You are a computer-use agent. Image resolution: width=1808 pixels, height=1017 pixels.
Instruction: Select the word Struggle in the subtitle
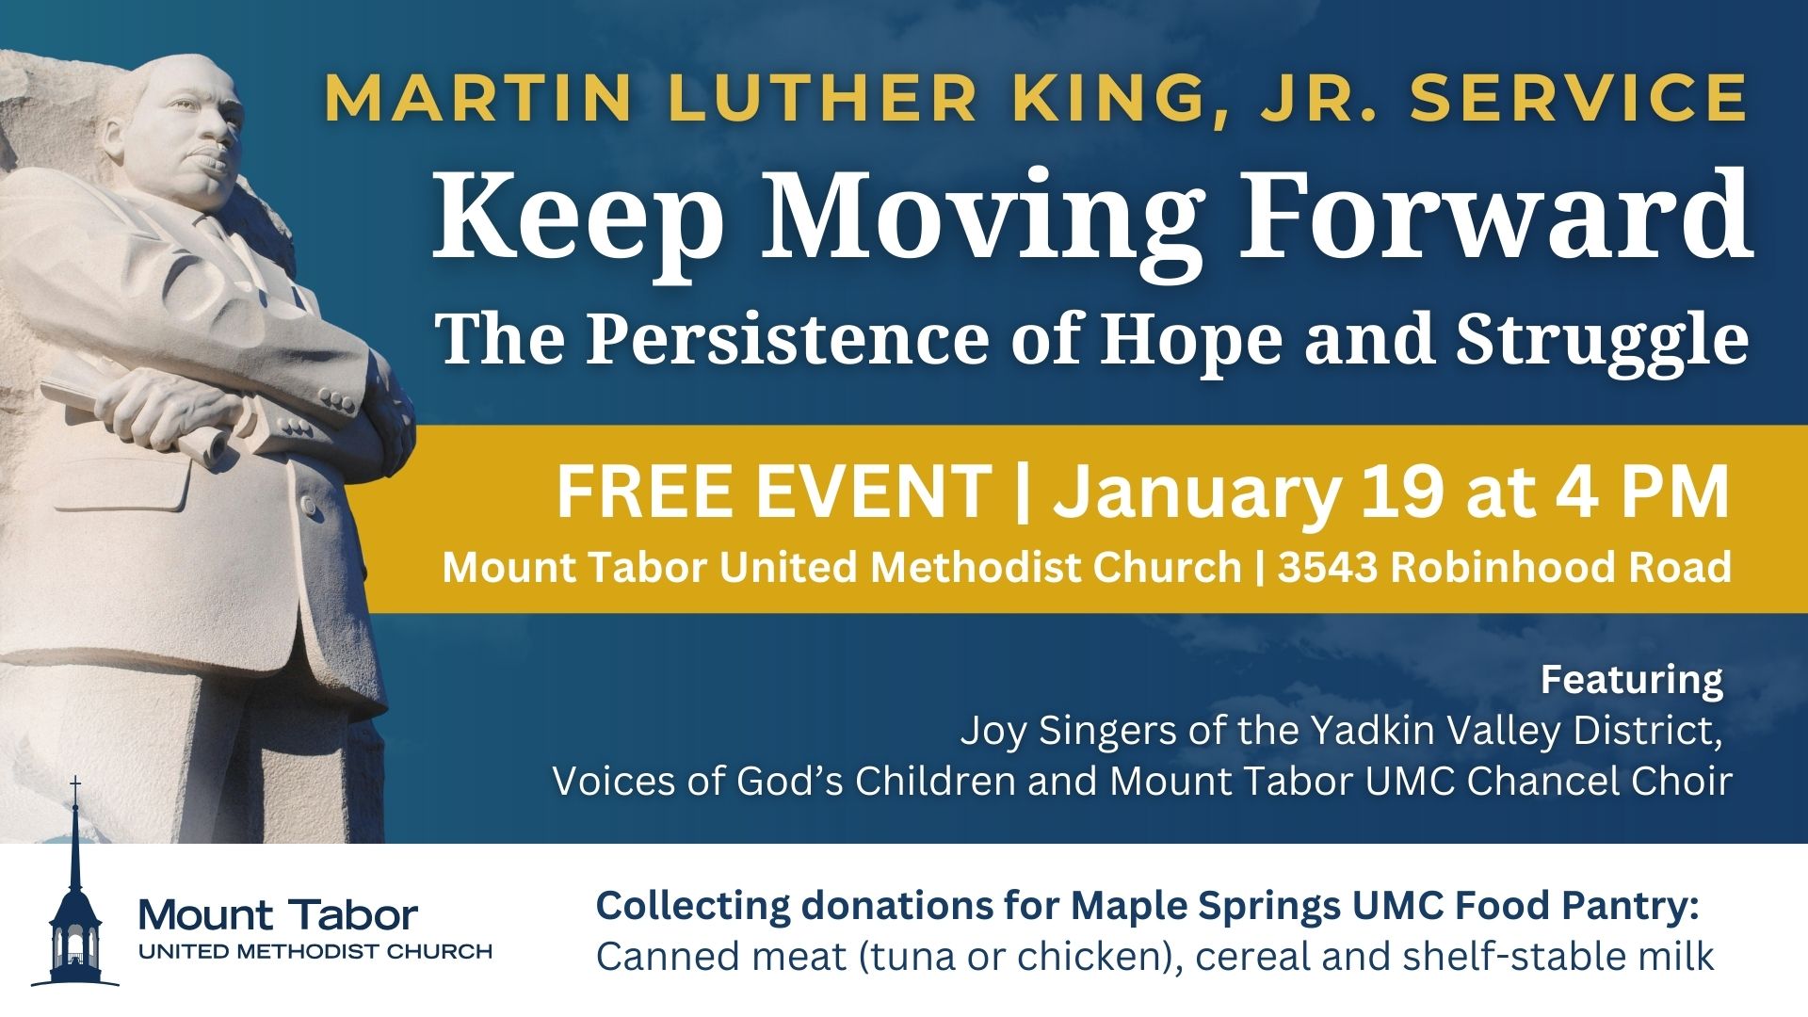click(1601, 341)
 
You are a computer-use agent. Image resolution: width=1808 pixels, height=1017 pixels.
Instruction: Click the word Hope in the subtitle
click(1191, 341)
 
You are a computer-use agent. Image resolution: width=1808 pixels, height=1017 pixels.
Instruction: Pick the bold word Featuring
click(1632, 679)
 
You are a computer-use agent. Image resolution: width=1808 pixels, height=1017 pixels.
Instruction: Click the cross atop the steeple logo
click(75, 786)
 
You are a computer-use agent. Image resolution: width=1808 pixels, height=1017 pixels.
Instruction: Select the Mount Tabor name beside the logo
click(278, 914)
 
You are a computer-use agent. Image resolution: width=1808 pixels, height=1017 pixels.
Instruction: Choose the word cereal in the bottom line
click(1248, 957)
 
